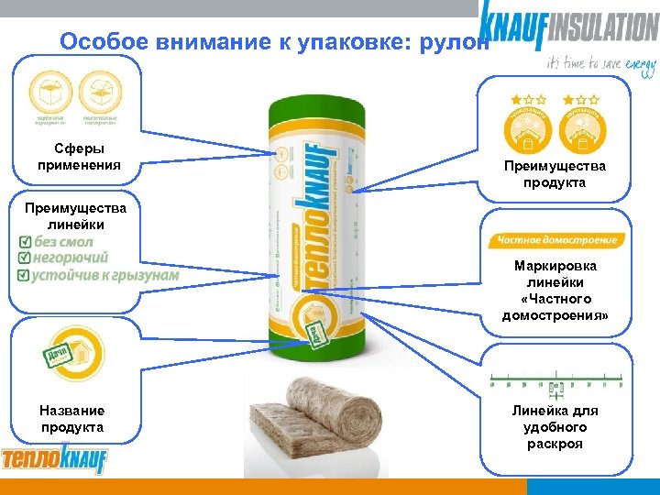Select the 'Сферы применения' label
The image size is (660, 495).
click(x=79, y=157)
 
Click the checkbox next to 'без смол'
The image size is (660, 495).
click(x=25, y=242)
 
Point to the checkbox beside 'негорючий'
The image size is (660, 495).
click(x=25, y=258)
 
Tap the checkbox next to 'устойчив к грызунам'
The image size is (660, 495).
click(x=25, y=275)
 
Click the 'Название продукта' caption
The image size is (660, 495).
click(x=72, y=419)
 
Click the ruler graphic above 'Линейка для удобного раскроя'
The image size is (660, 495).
click(x=556, y=377)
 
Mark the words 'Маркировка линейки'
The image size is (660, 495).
click(x=555, y=274)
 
